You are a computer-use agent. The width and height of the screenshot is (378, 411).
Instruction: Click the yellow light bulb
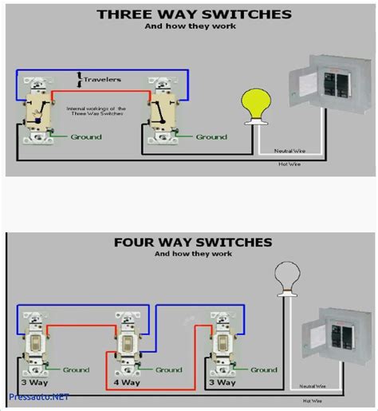point(254,103)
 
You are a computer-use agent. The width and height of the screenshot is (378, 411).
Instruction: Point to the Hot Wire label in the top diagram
point(289,165)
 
